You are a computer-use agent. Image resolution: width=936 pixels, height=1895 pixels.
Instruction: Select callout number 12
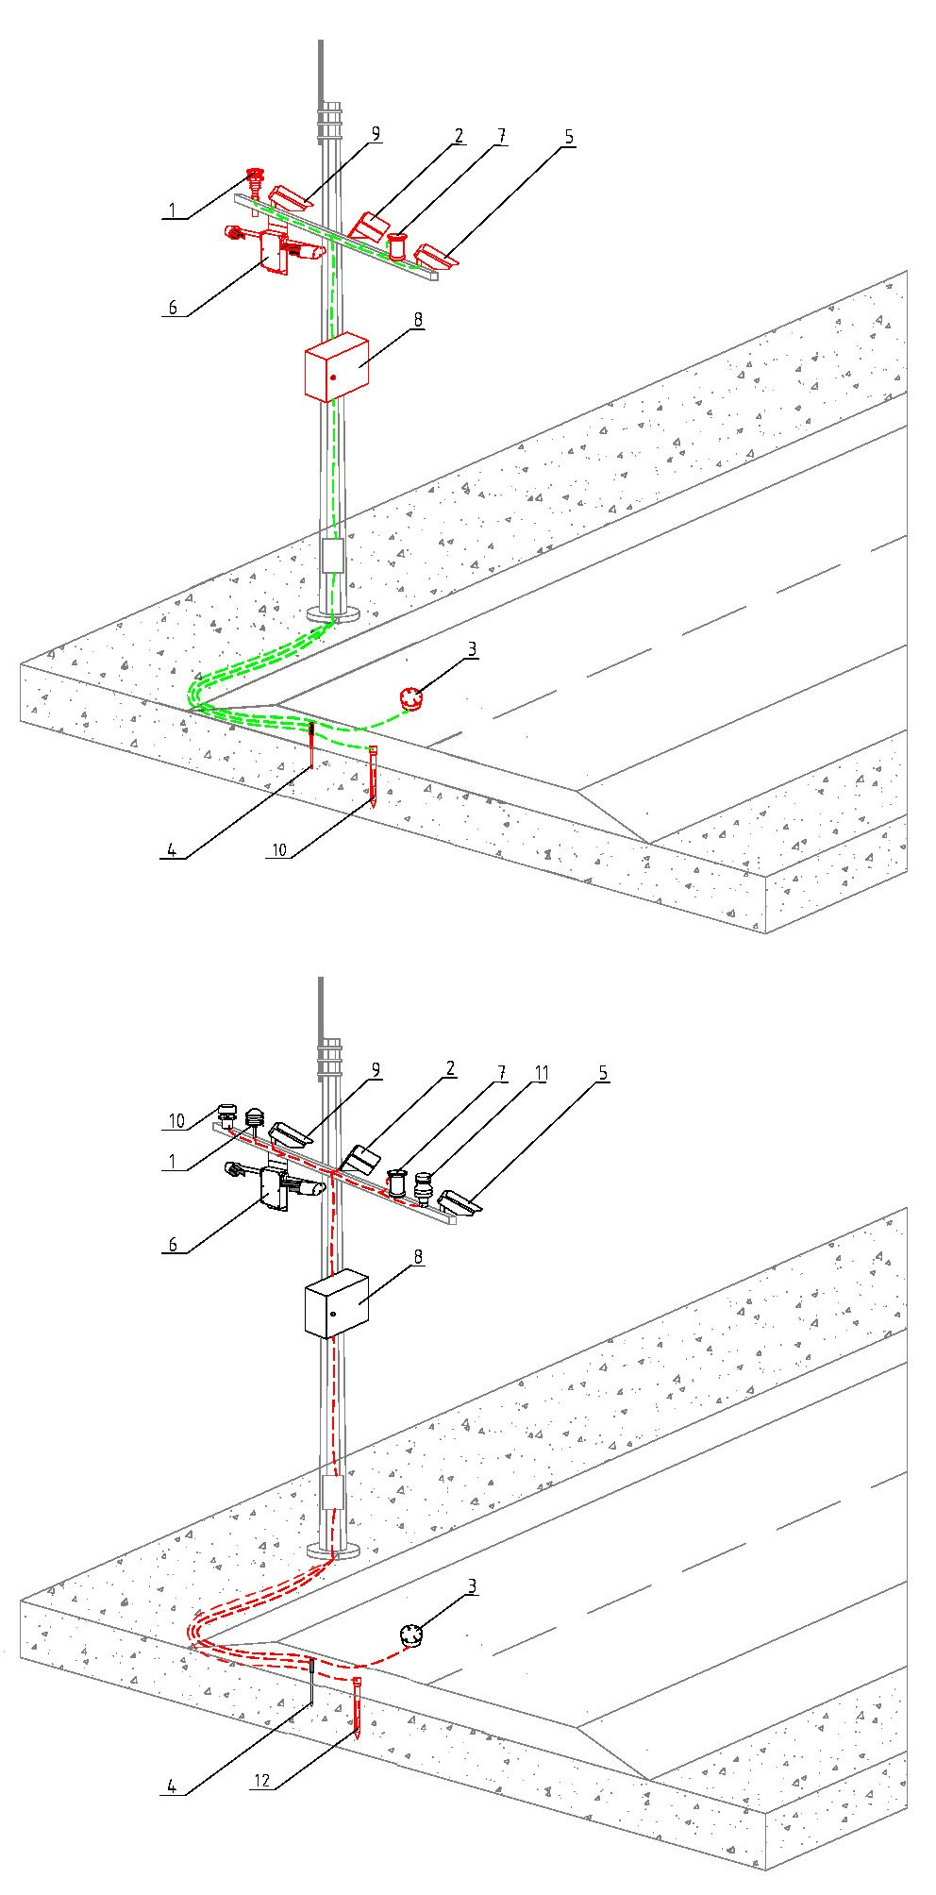[x=264, y=1780]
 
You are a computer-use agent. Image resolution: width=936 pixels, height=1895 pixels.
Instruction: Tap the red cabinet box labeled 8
[x=336, y=366]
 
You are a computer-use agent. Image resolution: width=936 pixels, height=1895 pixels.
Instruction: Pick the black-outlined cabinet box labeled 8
[x=336, y=1303]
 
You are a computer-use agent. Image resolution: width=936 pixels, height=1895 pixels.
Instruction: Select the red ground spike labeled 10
[x=374, y=776]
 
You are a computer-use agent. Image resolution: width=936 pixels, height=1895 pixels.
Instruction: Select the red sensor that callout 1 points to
[x=254, y=181]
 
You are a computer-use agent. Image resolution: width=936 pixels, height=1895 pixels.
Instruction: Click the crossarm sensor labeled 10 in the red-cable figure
[x=226, y=1115]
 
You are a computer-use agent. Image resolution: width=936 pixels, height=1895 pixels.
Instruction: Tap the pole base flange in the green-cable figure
[x=335, y=614]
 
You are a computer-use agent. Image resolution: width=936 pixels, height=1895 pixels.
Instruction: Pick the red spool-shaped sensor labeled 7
[x=400, y=247]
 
